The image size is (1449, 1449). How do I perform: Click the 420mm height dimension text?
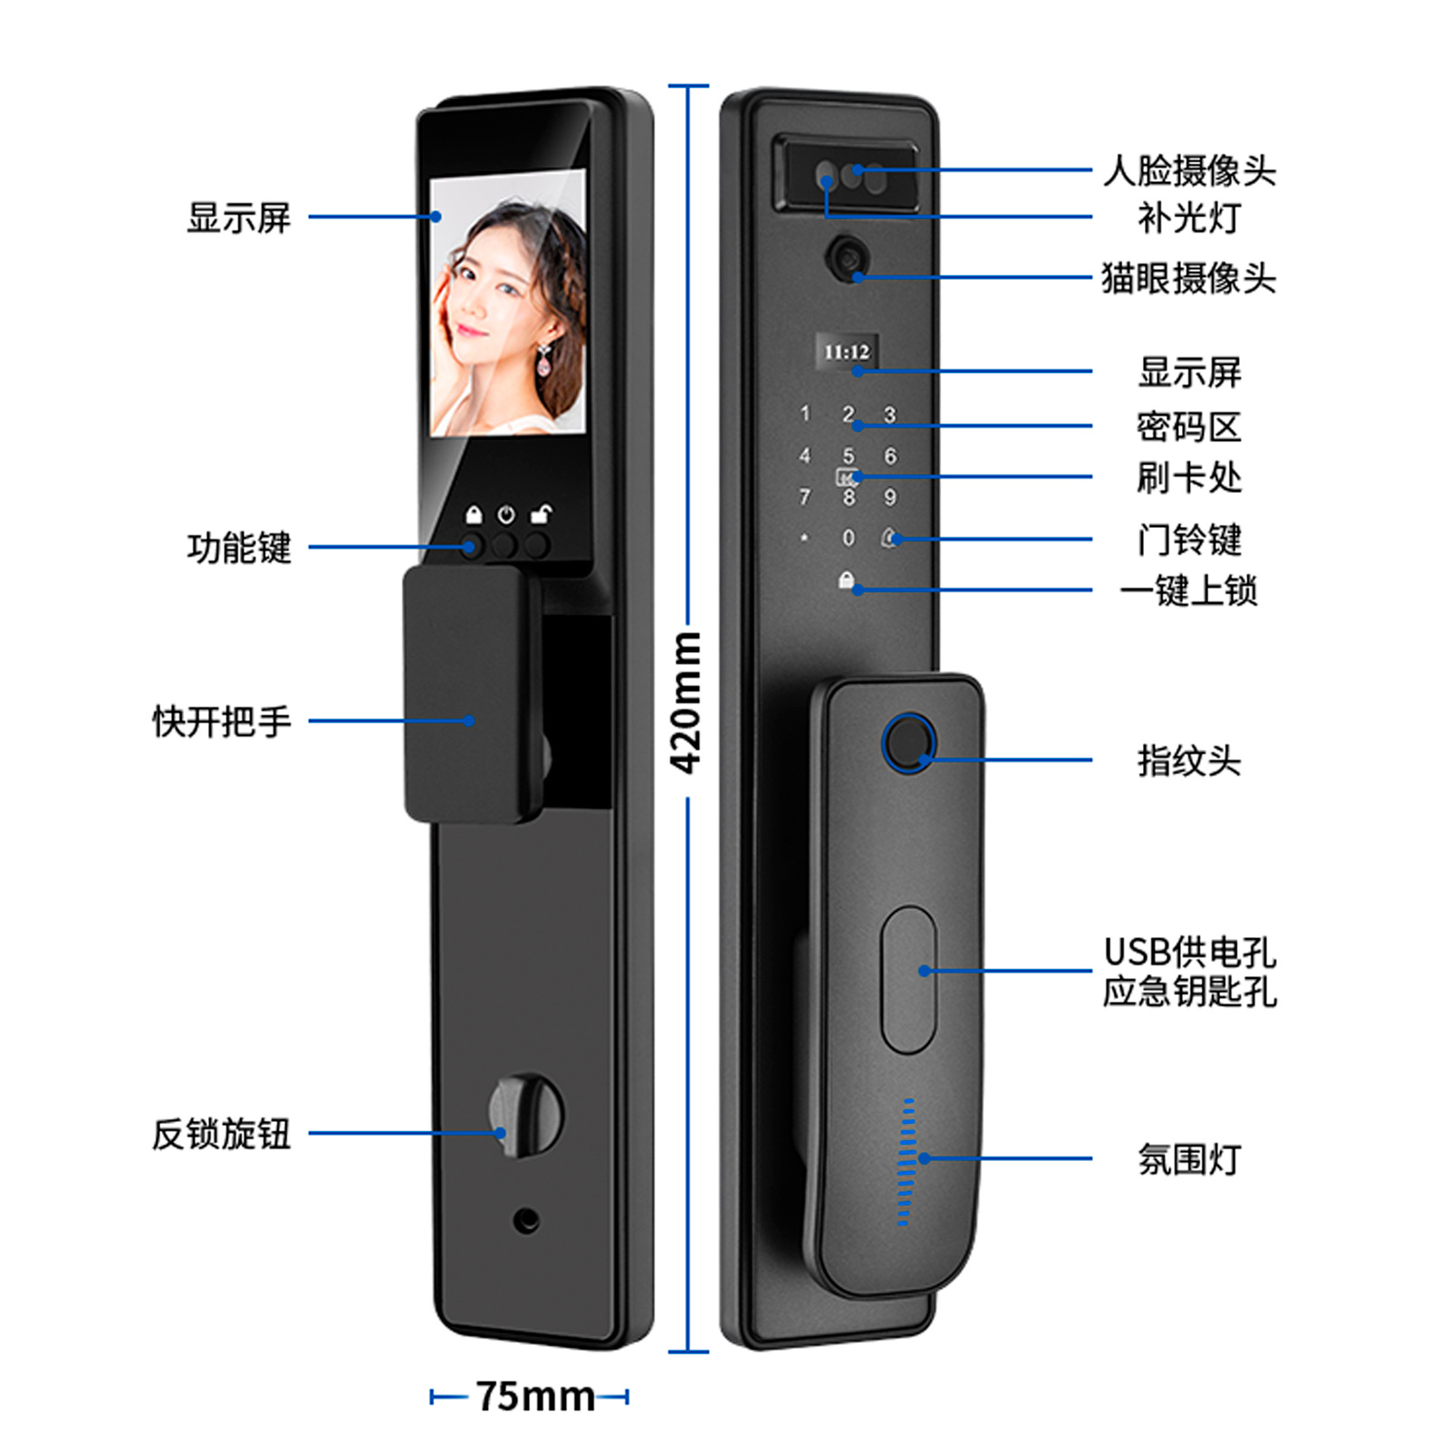pos(686,704)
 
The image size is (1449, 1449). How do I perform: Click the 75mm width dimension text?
pos(535,1396)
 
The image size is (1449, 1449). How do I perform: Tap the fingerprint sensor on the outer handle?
pos(908,743)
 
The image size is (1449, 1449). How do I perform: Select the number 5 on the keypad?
pos(849,456)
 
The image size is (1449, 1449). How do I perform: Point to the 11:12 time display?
pos(847,351)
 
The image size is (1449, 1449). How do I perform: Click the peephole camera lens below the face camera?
pos(849,257)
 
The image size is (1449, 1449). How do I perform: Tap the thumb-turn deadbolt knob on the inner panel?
pos(525,1116)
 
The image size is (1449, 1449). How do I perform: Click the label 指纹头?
pos(1188,761)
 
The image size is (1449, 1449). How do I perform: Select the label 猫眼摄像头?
pos(1188,278)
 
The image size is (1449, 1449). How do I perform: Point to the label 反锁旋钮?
pos(222,1134)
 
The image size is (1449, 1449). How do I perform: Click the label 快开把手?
pos(222,722)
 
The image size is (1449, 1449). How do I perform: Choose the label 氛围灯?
pos(1188,1159)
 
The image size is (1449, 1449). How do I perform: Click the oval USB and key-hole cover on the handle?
pos(908,979)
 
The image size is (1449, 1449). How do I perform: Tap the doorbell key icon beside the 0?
pos(890,538)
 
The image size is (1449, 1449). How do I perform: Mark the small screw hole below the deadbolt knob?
pos(526,1221)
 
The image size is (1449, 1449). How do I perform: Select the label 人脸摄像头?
pos(1188,170)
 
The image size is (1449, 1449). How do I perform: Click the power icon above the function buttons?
pos(506,514)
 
